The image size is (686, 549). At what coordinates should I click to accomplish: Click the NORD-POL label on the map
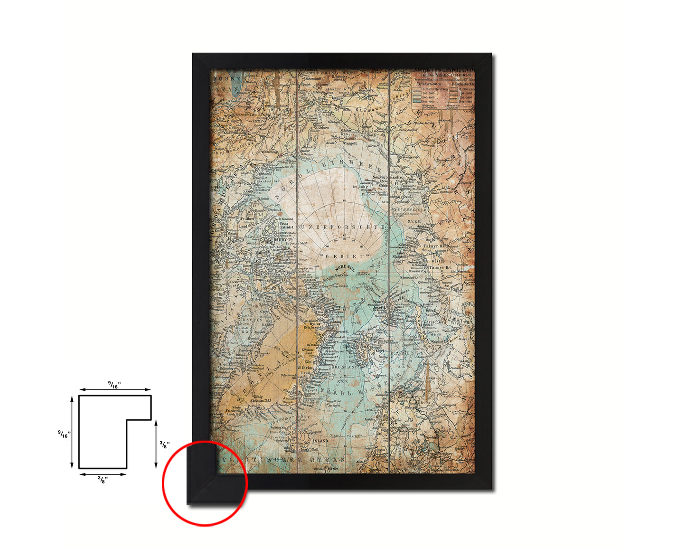tap(345, 269)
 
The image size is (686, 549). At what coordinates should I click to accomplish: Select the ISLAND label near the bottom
tap(320, 441)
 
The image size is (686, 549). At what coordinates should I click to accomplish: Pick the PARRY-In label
tap(284, 240)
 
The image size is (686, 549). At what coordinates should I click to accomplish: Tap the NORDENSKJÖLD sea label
tap(409, 209)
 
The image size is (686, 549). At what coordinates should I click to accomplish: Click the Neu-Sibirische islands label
tap(387, 177)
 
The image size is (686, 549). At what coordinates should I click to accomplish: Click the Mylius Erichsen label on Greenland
tap(311, 325)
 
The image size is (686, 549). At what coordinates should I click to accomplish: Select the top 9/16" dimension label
tap(114, 385)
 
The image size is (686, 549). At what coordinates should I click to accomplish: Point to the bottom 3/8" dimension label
tap(103, 479)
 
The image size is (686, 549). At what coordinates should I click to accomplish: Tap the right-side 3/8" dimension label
tap(164, 445)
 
